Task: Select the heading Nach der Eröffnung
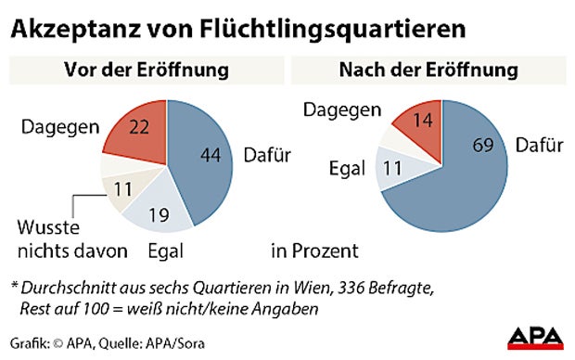coord(429,71)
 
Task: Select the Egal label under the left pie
coord(169,251)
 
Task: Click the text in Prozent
coord(314,251)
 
